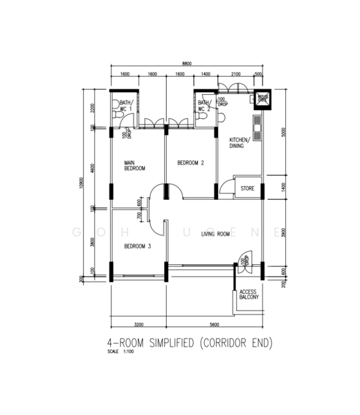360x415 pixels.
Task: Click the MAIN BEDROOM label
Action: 135,165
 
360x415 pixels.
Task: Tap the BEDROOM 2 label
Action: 190,163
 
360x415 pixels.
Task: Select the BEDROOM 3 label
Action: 138,246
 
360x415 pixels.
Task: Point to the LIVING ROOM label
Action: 215,234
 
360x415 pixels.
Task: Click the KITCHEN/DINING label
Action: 239,143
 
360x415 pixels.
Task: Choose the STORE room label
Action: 247,188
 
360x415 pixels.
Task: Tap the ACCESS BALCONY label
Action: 249,295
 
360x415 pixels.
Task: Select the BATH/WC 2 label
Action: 204,106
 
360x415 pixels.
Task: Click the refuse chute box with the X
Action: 263,99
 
